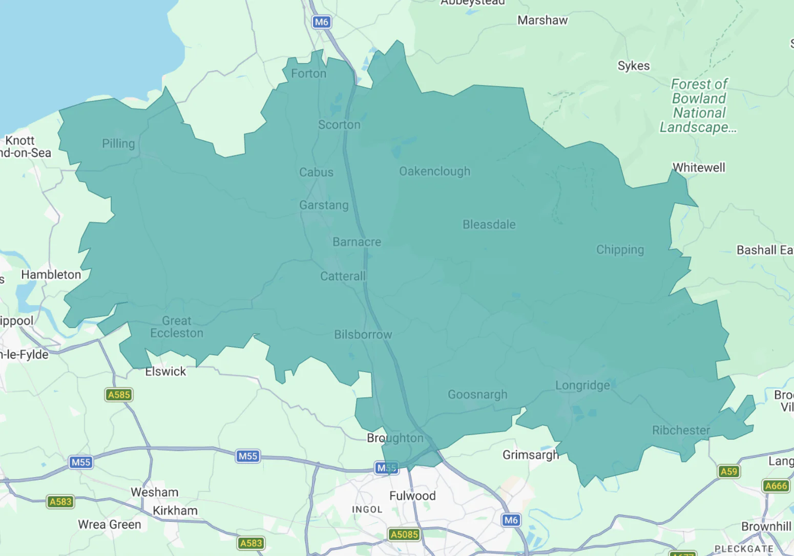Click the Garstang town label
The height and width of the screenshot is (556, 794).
tap(324, 205)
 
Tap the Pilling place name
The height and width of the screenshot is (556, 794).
tap(118, 144)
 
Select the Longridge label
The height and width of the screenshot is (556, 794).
tap(582, 386)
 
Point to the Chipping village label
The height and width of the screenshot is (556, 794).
tap(620, 250)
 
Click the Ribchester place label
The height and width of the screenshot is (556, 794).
tap(681, 431)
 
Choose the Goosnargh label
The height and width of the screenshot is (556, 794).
tap(477, 395)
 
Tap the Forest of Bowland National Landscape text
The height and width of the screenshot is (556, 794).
tap(699, 105)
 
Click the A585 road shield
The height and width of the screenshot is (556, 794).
tap(119, 395)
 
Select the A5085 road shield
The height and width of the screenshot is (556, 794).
tap(404, 534)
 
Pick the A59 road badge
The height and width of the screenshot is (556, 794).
tap(728, 472)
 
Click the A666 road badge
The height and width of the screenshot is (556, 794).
tap(776, 486)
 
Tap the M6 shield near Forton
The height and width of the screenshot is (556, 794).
tap(322, 22)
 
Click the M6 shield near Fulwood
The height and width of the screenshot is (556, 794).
tap(511, 520)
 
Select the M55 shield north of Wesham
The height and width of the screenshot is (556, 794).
tap(80, 462)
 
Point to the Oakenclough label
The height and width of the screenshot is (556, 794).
tap(434, 172)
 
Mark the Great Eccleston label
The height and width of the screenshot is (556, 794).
tap(177, 327)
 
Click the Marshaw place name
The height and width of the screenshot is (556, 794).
tap(542, 20)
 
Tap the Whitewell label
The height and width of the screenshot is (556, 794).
tap(699, 168)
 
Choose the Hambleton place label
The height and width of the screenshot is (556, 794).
tap(51, 275)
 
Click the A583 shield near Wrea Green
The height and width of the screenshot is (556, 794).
tap(60, 502)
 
